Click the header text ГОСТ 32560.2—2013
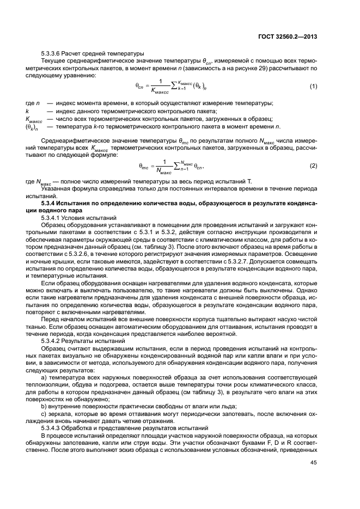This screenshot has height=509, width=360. tap(289, 36)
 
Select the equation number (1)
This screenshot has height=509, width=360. tap(313, 87)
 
